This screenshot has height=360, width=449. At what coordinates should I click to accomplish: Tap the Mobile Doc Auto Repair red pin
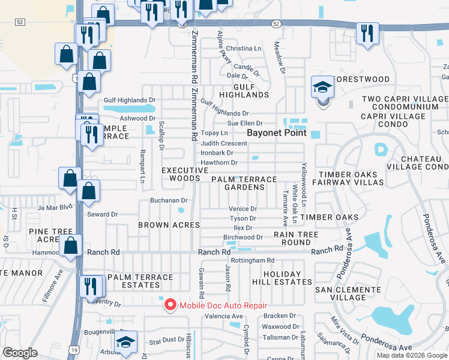click(x=170, y=305)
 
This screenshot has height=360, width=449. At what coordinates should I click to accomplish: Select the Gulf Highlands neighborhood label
click(x=243, y=90)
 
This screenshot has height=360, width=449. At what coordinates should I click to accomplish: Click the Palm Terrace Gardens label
click(x=243, y=183)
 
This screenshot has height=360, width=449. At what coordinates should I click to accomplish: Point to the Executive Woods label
click(x=181, y=174)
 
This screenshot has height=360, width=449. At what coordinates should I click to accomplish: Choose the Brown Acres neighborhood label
click(x=169, y=225)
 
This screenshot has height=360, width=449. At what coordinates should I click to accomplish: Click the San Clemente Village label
click(x=349, y=293)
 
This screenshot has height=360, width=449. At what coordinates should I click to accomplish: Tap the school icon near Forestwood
click(x=322, y=88)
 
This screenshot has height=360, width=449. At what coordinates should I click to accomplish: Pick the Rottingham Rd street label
click(x=253, y=260)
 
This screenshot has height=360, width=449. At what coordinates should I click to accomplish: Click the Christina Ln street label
click(x=244, y=48)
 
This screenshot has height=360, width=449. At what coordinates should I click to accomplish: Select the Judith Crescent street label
click(x=224, y=143)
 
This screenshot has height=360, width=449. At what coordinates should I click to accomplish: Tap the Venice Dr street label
click(x=243, y=209)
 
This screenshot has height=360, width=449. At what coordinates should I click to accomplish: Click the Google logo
click(x=20, y=353)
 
